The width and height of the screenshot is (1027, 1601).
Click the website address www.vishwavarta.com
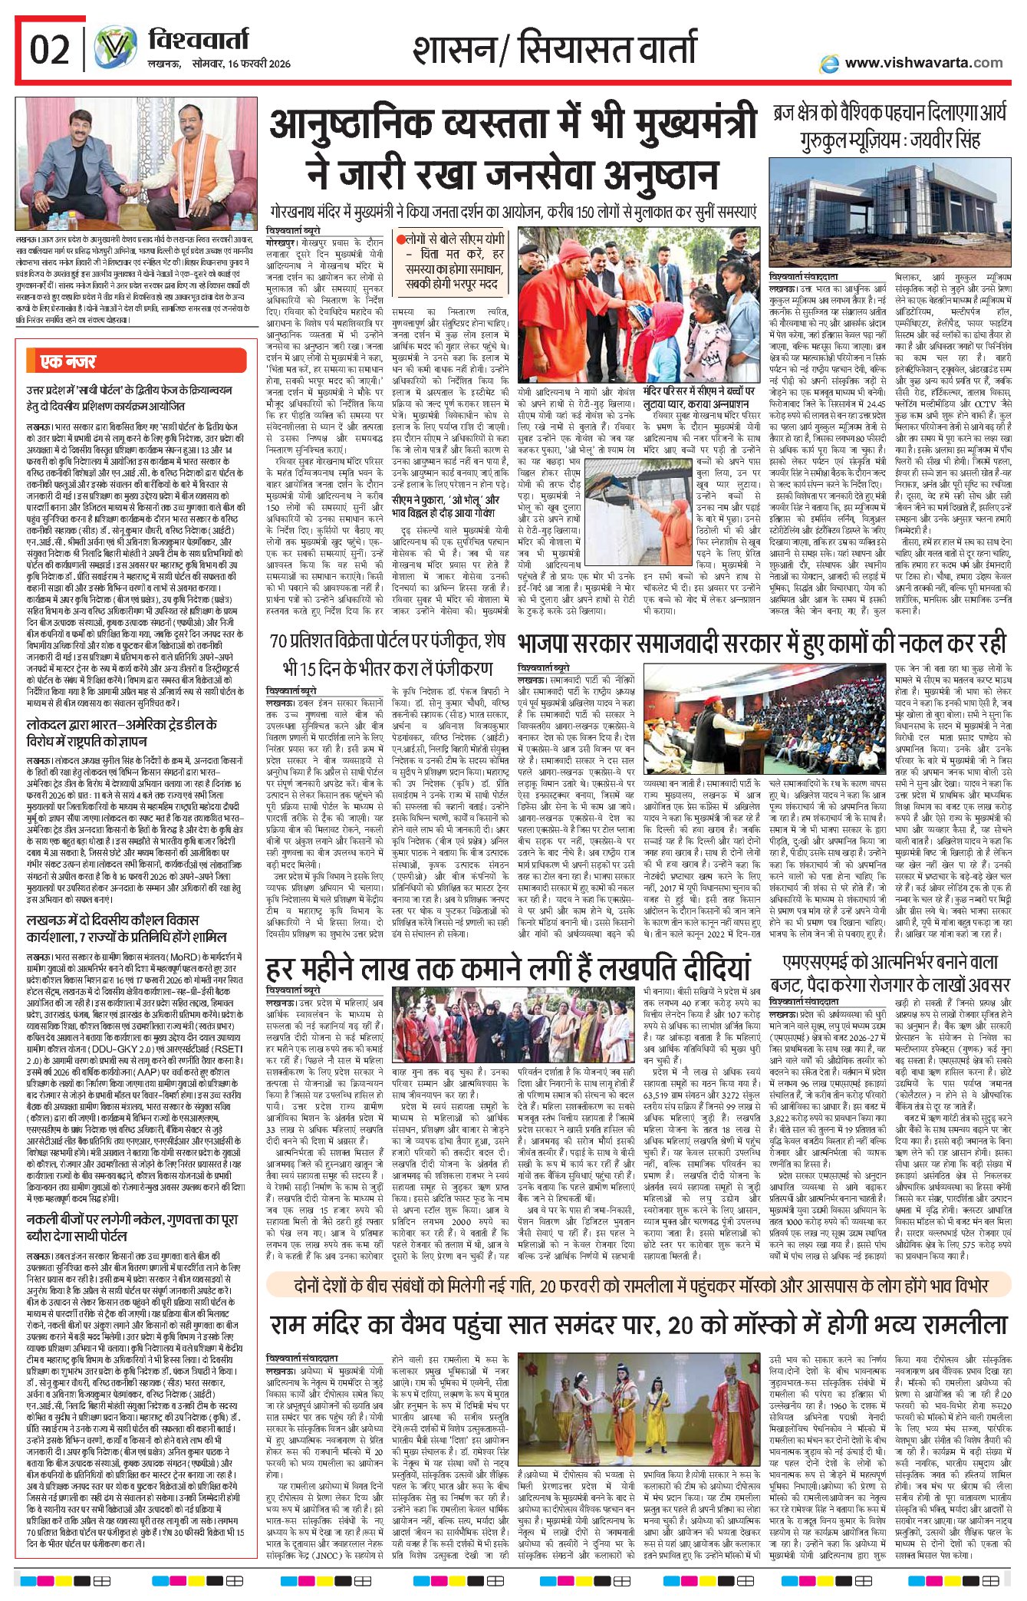click(x=923, y=63)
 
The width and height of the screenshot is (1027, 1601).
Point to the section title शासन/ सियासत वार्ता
click(x=554, y=49)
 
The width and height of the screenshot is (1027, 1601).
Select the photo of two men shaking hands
click(x=137, y=163)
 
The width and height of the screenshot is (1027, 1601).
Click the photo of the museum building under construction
click(x=889, y=213)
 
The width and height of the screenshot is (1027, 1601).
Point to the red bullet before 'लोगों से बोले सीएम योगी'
click(x=400, y=239)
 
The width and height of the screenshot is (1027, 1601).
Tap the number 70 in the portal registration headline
click(x=279, y=641)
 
